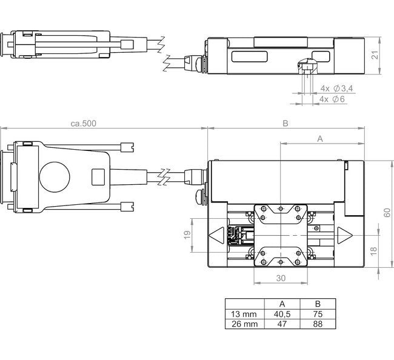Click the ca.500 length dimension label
[83, 124]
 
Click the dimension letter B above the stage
[285, 124]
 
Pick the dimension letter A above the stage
[321, 139]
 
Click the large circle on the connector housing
[56, 177]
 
